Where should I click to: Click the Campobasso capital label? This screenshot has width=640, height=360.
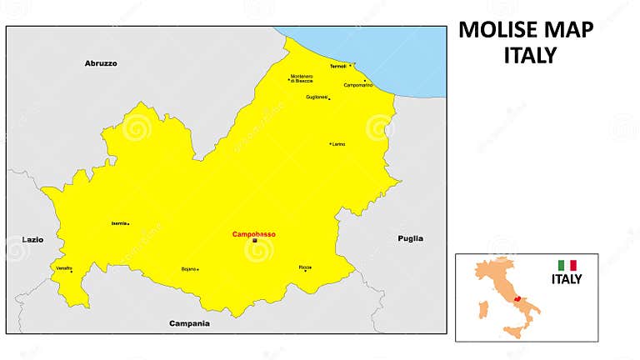[254, 233]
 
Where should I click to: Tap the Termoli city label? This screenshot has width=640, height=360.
[337, 66]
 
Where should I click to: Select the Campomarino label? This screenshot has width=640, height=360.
[358, 85]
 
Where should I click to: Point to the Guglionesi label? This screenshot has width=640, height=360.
[317, 97]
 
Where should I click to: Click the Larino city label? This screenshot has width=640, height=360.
[338, 144]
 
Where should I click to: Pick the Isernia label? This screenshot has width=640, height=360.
[118, 223]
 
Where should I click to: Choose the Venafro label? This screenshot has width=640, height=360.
[64, 267]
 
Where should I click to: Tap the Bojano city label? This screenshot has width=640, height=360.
[188, 269]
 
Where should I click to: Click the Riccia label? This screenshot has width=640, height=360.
[305, 267]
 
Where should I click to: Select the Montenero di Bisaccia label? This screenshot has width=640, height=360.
[302, 78]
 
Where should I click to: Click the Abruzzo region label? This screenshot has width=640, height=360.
[101, 63]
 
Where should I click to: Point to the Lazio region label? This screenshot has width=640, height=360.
[32, 239]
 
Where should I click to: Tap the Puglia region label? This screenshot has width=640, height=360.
[410, 238]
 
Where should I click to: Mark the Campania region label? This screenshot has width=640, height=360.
[189, 322]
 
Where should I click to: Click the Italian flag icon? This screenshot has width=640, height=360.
[567, 266]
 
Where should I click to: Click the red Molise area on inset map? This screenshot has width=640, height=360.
[519, 297]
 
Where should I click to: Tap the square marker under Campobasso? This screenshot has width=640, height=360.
[254, 241]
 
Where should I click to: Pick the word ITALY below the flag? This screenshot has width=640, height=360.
[567, 280]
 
